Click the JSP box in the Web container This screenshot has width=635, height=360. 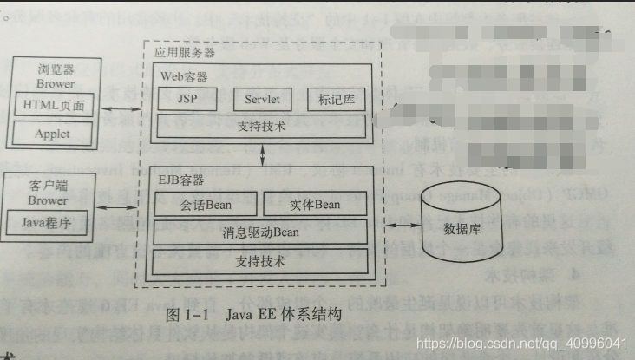(x=187, y=99)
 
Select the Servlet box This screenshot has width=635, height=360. (x=261, y=99)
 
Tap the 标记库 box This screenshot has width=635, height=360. (x=336, y=99)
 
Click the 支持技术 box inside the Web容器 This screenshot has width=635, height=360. (x=260, y=127)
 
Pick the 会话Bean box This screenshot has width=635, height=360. (x=206, y=206)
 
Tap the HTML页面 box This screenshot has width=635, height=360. (x=52, y=106)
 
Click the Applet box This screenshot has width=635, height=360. (x=52, y=134)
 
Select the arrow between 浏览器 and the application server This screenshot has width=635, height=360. (x=121, y=108)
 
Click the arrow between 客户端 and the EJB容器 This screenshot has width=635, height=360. (x=121, y=208)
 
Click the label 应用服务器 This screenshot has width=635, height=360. (x=184, y=53)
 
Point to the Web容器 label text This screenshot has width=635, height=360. (x=183, y=76)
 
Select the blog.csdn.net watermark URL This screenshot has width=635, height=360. (x=521, y=344)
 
